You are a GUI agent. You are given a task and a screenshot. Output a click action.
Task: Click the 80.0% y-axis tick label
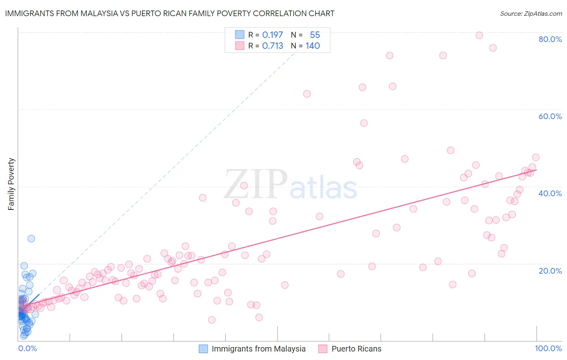tap(550, 39)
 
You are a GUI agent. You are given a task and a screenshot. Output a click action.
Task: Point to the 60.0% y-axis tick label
tap(550, 116)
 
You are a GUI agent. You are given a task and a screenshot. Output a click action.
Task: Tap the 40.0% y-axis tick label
tap(550, 193)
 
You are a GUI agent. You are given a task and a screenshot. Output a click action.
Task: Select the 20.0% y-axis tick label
tap(550, 270)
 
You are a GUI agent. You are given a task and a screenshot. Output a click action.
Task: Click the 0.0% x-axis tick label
tap(27, 348)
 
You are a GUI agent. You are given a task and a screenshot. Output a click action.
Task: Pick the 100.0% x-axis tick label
tap(548, 348)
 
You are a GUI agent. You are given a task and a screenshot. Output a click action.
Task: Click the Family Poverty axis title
tap(11, 184)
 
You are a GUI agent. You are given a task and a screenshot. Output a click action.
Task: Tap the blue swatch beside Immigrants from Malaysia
tap(203, 349)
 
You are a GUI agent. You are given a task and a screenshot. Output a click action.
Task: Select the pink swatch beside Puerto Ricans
tap(323, 349)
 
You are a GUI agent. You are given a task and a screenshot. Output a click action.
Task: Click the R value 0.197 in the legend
tap(273, 35)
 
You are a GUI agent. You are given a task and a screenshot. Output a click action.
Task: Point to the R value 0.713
tap(273, 46)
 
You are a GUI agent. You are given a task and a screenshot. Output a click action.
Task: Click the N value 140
tap(313, 46)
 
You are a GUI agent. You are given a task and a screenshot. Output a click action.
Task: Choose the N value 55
tap(315, 35)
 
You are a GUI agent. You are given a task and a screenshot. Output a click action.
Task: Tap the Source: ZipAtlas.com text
tap(531, 14)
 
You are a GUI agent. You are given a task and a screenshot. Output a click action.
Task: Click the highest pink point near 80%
tap(479, 35)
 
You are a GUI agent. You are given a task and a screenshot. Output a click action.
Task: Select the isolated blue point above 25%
tap(31, 239)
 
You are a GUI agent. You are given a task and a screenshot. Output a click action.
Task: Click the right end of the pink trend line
tap(536, 170)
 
